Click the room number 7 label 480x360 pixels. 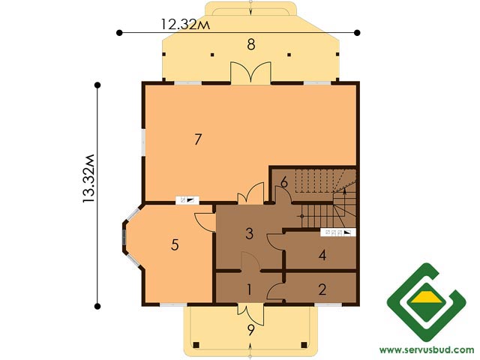[198, 139]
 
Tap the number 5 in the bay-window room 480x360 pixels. [175, 245]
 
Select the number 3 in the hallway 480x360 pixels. [250, 234]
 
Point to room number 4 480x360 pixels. [322, 255]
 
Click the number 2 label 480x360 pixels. [322, 289]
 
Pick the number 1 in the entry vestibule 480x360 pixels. [250, 289]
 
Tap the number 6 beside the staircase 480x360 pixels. [284, 182]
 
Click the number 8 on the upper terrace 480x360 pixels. [251, 45]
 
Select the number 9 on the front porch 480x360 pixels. [251, 330]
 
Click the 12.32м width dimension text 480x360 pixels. [185, 24]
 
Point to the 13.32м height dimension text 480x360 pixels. [89, 178]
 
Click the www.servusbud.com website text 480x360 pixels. [427, 349]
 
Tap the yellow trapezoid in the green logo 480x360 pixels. [427, 297]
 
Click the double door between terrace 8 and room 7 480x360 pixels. [250, 73]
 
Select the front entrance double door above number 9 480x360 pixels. [250, 313]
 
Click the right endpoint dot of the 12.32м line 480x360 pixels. [357, 32]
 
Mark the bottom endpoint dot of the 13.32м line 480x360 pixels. [97, 306]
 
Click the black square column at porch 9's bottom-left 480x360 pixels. [196, 345]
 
